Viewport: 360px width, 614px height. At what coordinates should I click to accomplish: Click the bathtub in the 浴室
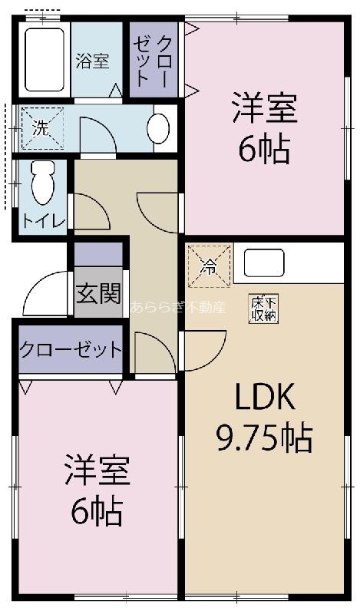coord(45,59)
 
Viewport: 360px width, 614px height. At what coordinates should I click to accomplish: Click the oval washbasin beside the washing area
coord(158,128)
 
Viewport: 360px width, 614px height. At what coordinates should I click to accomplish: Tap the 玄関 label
coord(98,292)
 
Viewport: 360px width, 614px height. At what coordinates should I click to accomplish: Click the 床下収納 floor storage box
coord(263,309)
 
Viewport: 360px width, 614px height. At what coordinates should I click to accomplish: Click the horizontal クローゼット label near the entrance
coord(70,350)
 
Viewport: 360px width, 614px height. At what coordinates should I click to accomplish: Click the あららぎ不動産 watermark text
coord(178,309)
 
